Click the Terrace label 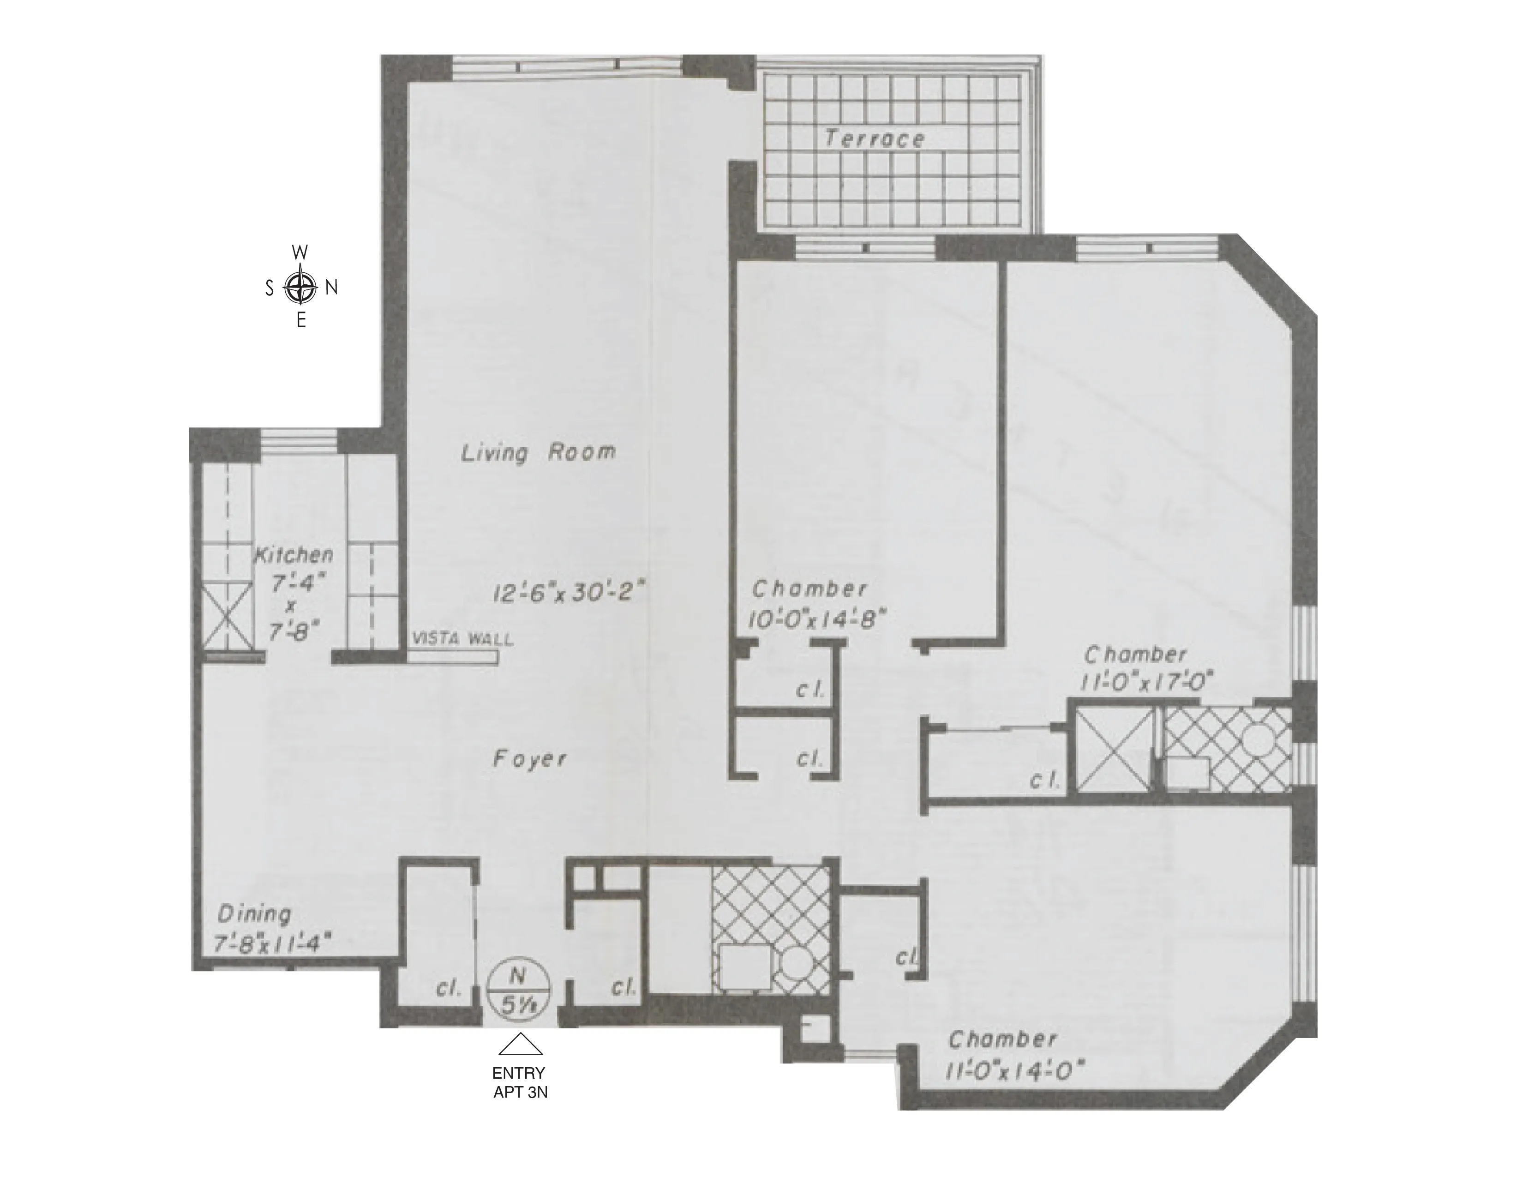click(875, 139)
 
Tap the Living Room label click(538, 452)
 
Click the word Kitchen click(293, 555)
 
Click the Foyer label click(530, 759)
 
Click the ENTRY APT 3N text click(520, 1083)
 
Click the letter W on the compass click(300, 252)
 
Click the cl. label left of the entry click(449, 989)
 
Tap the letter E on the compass click(301, 321)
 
